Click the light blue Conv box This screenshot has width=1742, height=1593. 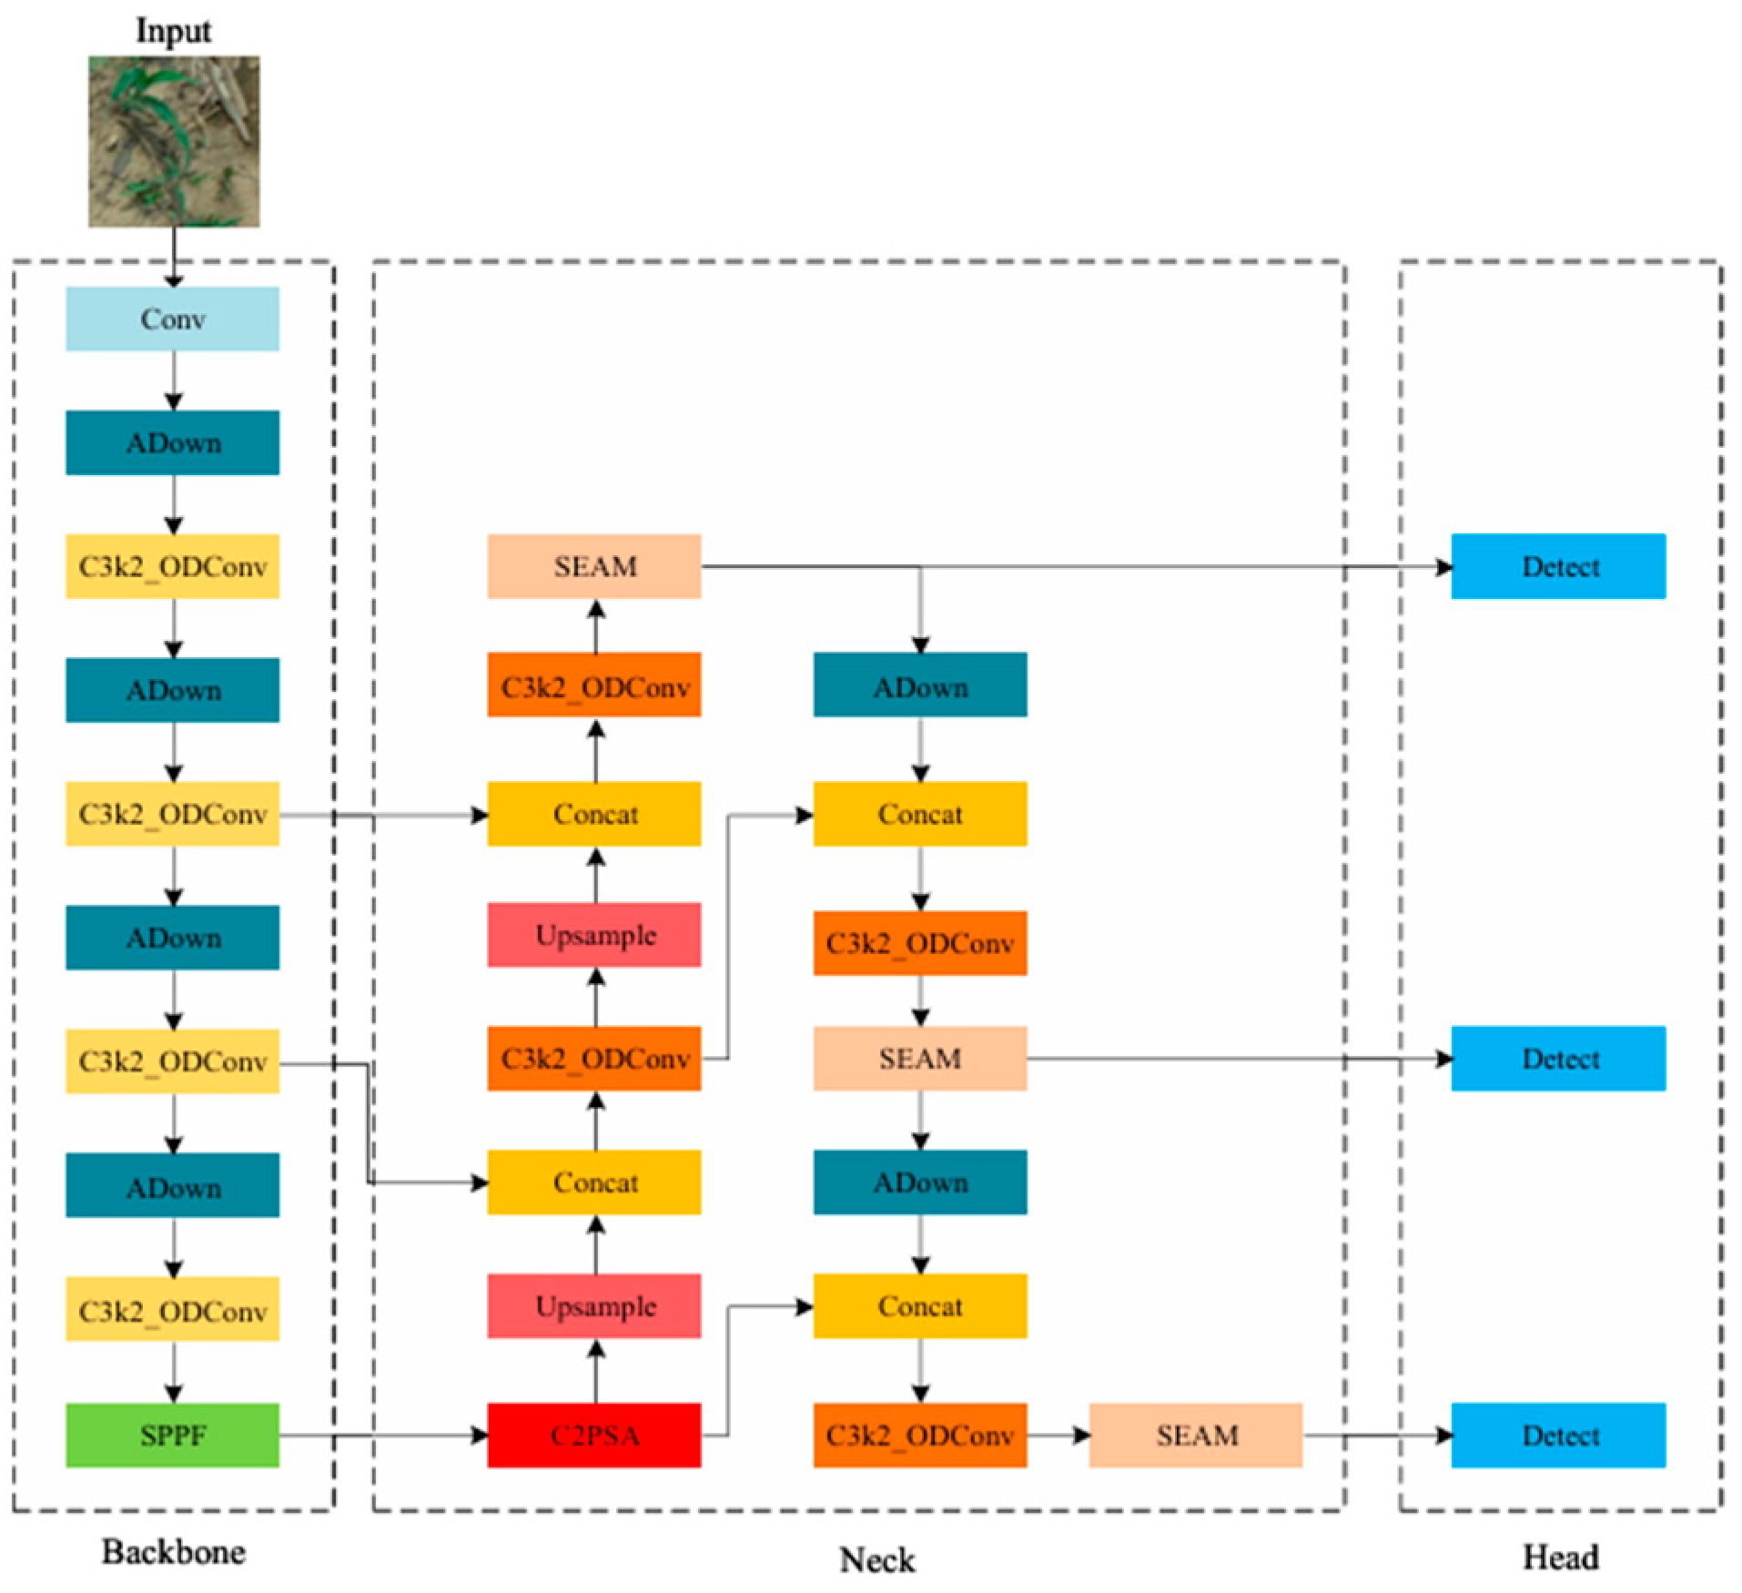click(x=172, y=319)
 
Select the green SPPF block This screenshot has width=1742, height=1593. click(x=172, y=1435)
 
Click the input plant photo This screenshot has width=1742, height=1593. click(x=173, y=141)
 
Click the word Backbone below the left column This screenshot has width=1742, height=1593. click(x=173, y=1551)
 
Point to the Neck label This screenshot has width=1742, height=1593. click(x=876, y=1559)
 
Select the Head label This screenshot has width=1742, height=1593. click(x=1560, y=1557)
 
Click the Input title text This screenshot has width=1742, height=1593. click(x=173, y=30)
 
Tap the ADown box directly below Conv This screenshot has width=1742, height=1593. click(x=172, y=442)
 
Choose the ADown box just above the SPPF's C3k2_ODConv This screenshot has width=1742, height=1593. click(x=172, y=1185)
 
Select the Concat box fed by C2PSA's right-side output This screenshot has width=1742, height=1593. click(x=919, y=1305)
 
